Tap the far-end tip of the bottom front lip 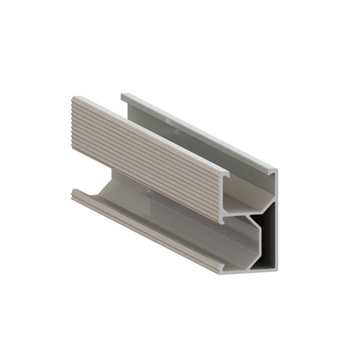pyautogui.click(x=73, y=190)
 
